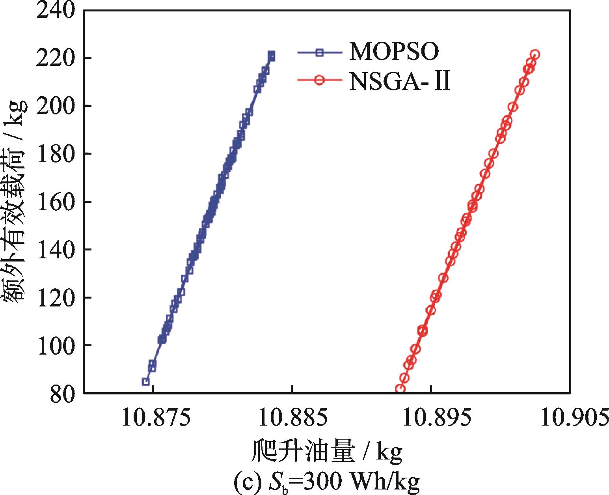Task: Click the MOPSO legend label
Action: (393, 52)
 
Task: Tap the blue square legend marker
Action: (320, 52)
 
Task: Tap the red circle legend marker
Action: (320, 80)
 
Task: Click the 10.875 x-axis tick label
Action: (152, 418)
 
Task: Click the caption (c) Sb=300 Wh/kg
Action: (327, 482)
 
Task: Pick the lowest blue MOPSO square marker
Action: (145, 381)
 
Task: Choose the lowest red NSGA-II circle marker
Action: (400, 389)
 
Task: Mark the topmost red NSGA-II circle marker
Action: (535, 54)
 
